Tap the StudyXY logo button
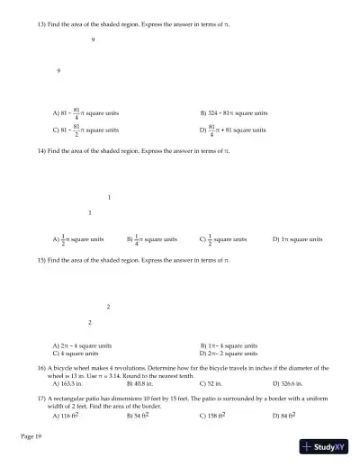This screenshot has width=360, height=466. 325,447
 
